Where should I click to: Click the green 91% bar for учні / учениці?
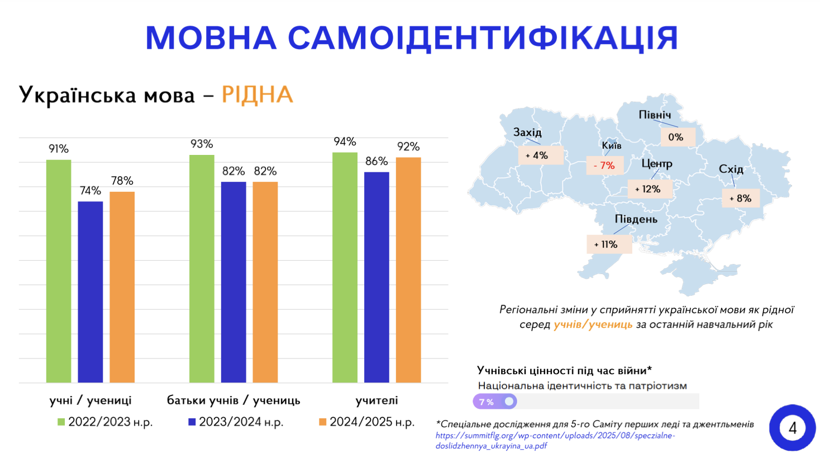(59, 271)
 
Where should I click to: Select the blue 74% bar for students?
(90, 292)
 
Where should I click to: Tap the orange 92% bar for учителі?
(408, 270)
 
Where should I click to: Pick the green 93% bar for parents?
(202, 268)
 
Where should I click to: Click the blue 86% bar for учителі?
(376, 277)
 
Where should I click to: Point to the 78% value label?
(122, 181)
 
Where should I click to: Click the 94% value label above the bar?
(345, 141)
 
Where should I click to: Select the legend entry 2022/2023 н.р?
(105, 422)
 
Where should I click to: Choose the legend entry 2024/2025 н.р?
(366, 422)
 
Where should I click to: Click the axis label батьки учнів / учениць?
(233, 400)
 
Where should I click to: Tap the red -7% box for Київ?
(604, 165)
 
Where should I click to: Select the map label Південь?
(636, 219)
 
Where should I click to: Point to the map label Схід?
(732, 169)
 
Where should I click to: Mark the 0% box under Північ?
(676, 136)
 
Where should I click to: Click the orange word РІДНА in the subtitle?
(257, 95)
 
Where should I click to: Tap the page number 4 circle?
(792, 428)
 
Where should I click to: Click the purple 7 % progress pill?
(494, 402)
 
